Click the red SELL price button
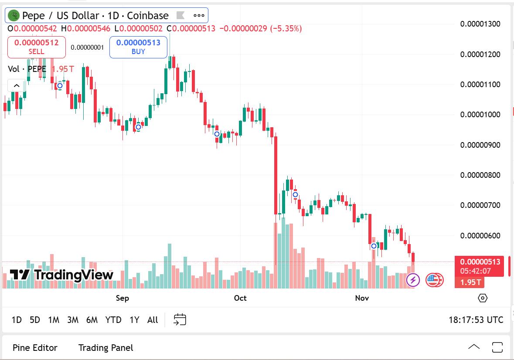(x=37, y=47)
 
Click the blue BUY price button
(x=138, y=47)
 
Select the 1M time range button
(x=54, y=320)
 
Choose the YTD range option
(x=113, y=320)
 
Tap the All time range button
(x=153, y=320)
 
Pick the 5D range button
(x=35, y=320)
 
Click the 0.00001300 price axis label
(x=480, y=24)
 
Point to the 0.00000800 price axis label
(x=480, y=175)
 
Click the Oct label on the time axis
(x=240, y=298)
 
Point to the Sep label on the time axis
(x=123, y=298)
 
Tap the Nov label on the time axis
(x=362, y=298)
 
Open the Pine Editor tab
(x=35, y=348)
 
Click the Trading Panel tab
(x=106, y=348)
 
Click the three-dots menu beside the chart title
(x=199, y=16)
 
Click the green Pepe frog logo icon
(x=14, y=16)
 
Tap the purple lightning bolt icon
(x=413, y=280)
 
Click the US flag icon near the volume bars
(x=434, y=280)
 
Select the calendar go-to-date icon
(x=180, y=319)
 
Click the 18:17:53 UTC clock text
(x=476, y=320)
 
